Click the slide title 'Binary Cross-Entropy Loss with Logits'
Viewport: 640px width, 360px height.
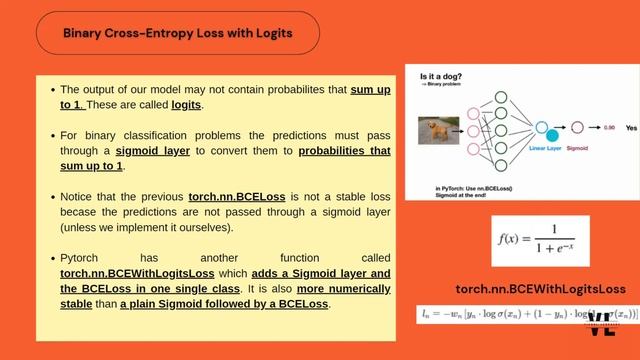click(178, 33)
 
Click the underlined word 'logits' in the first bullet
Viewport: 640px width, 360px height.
click(186, 104)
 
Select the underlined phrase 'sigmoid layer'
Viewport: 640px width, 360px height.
click(157, 151)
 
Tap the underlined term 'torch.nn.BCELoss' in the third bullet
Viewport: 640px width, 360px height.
click(236, 198)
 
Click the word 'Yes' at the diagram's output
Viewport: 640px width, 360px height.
click(631, 129)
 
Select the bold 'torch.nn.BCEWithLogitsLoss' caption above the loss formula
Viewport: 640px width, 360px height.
click(540, 289)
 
